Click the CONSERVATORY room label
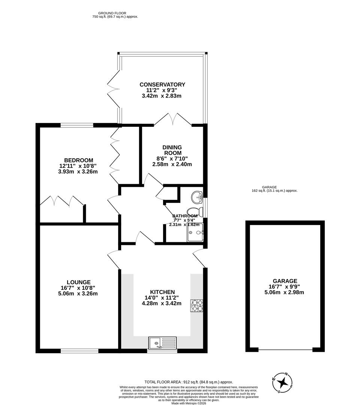pos(162,84)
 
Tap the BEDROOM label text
pos(78,160)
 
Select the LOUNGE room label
pos(78,282)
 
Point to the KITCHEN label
pos(162,292)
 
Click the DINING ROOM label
pos(172,150)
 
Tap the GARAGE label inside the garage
pos(285,281)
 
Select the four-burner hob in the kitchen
pos(196,306)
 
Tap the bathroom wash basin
pos(197,196)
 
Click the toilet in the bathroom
pos(195,211)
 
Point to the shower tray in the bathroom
pos(195,232)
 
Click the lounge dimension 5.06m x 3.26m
pos(78,294)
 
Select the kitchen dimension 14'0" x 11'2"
pos(162,298)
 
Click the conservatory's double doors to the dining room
pos(173,119)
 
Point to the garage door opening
pos(285,350)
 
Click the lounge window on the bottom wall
pos(79,351)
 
